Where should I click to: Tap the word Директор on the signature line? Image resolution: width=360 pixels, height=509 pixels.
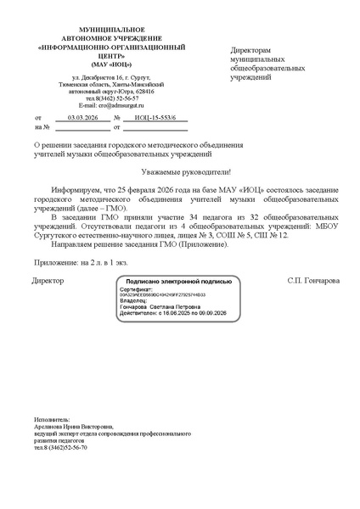pyautogui.click(x=48, y=279)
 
